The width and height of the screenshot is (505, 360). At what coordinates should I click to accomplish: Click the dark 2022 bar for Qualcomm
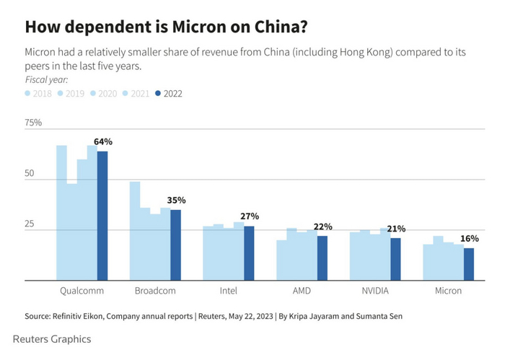tap(102, 216)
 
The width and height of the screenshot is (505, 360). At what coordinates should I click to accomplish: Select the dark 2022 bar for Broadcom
tap(175, 245)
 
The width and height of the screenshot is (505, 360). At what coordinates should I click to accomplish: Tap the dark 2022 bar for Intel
tap(249, 253)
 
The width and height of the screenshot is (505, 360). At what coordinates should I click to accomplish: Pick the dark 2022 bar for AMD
tap(322, 258)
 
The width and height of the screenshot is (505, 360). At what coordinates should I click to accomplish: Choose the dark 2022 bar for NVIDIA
tap(395, 259)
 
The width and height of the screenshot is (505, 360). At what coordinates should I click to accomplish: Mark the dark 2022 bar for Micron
tap(469, 264)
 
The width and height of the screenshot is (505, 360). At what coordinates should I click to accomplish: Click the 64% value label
tap(103, 141)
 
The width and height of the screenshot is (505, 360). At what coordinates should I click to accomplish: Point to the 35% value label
tap(177, 200)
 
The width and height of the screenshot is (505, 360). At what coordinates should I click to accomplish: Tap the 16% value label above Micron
tap(469, 238)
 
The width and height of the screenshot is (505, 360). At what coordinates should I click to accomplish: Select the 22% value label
tap(322, 227)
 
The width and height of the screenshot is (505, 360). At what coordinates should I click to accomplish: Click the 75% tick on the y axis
tap(34, 123)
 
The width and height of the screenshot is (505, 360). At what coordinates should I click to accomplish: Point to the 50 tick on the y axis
tap(30, 174)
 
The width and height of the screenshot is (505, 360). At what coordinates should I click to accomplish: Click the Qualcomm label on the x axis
tap(82, 291)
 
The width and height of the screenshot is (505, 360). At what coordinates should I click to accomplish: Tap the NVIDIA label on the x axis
tap(376, 291)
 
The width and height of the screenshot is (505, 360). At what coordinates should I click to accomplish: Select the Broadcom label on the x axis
tap(156, 291)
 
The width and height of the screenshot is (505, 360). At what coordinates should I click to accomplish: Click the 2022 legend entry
tap(170, 93)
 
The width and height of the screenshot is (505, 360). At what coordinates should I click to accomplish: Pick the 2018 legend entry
tap(38, 93)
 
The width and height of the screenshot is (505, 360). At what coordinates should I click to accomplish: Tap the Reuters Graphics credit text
tap(52, 338)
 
